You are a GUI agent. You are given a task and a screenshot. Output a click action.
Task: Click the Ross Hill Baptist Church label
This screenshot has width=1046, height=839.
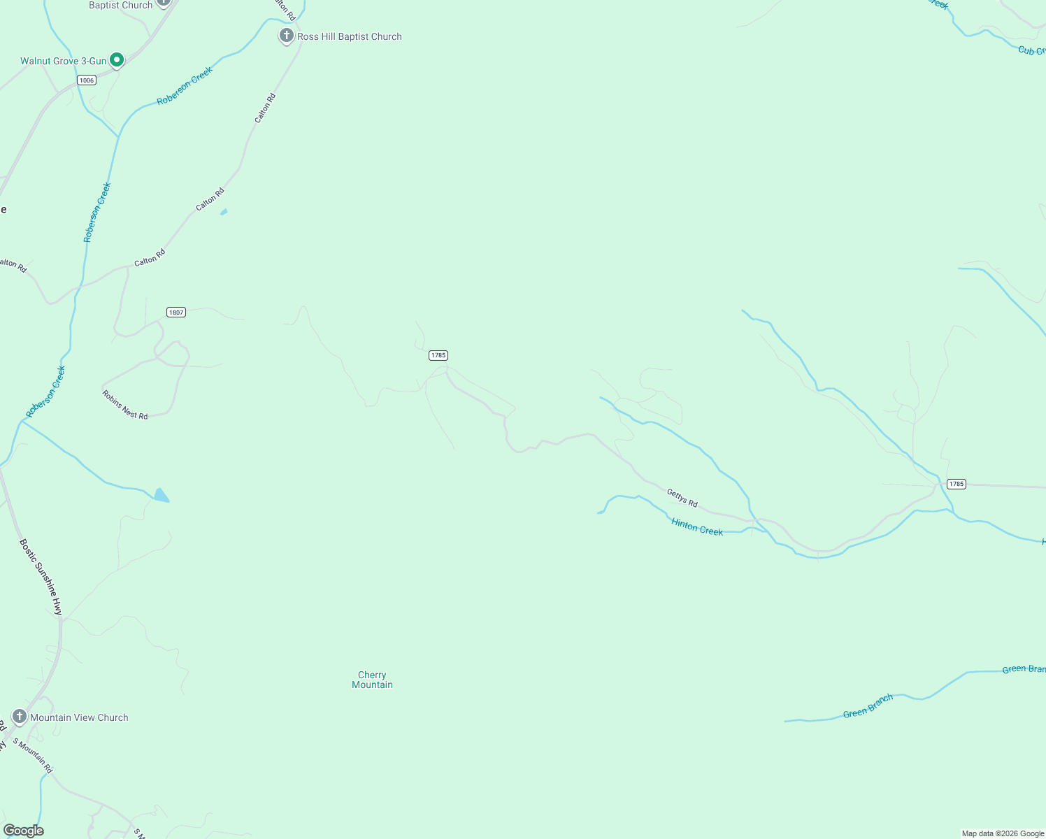click(349, 36)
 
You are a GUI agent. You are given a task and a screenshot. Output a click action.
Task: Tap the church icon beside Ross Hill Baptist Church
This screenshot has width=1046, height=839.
click(286, 36)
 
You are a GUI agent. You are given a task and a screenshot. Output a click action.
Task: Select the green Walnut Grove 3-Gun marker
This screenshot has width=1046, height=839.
click(117, 60)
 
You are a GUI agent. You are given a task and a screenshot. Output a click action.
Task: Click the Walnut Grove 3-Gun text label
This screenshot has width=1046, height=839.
click(63, 61)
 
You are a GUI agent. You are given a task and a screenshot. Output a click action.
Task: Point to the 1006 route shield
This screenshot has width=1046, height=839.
click(87, 80)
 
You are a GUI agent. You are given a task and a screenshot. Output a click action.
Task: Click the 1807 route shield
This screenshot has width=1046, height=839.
click(176, 312)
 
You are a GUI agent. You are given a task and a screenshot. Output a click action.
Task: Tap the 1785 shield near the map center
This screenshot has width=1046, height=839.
click(438, 355)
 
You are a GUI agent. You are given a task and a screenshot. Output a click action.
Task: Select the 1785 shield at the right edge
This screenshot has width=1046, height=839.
click(956, 484)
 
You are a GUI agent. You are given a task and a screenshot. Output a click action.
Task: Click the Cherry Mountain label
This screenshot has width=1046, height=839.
click(372, 680)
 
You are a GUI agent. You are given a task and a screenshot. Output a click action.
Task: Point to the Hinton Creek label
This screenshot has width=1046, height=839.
click(697, 526)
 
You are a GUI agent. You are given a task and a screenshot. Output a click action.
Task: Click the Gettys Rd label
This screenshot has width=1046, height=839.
click(682, 498)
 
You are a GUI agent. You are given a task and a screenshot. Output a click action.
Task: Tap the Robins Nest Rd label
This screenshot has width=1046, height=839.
click(125, 405)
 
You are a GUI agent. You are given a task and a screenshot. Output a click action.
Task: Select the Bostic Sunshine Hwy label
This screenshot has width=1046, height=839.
click(41, 577)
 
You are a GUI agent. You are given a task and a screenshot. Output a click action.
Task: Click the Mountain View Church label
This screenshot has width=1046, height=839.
click(79, 717)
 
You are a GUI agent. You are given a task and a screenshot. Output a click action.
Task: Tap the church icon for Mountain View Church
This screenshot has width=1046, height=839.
click(20, 717)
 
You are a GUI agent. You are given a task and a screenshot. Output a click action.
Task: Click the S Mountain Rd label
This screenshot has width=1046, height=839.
click(32, 755)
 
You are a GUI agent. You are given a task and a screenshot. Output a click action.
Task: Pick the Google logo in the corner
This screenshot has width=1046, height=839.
click(24, 831)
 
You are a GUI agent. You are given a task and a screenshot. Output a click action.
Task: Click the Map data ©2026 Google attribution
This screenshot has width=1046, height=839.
click(1003, 833)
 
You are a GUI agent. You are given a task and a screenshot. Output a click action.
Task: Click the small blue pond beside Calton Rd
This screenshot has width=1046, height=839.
click(224, 211)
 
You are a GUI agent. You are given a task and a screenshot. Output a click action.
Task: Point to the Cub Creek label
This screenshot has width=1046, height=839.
click(1031, 50)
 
